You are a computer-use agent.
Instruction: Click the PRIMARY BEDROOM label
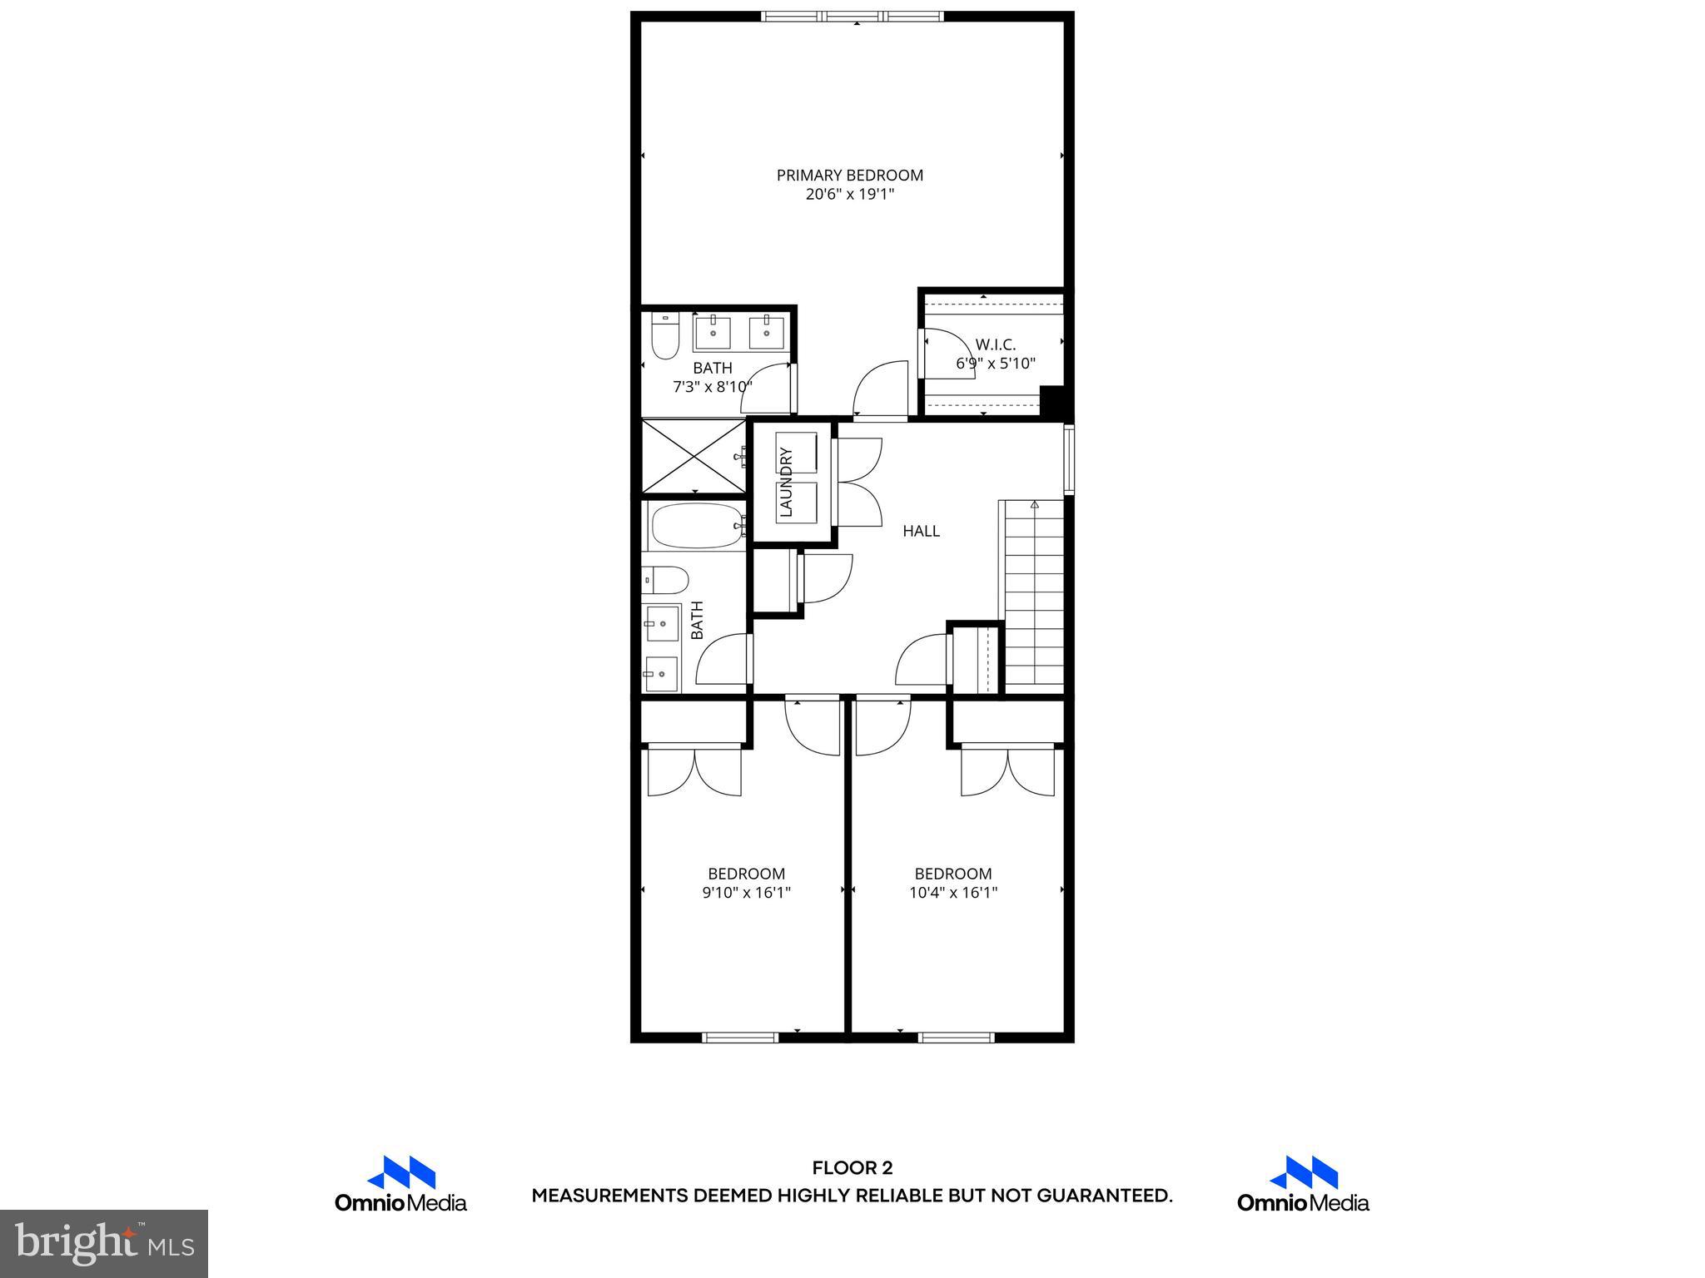(849, 176)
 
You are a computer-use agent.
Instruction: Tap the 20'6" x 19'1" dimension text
(849, 195)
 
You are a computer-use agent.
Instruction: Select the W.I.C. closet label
(996, 344)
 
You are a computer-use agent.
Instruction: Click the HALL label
(921, 531)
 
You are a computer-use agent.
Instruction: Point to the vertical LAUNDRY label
(785, 483)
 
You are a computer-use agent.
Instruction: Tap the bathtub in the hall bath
(696, 527)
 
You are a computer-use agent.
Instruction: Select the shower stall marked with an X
(693, 457)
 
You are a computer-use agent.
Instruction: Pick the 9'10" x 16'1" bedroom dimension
(746, 893)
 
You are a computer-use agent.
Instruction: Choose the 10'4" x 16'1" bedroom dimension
(953, 893)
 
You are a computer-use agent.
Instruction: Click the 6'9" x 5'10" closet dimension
(996, 364)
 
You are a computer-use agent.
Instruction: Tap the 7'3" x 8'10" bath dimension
(713, 387)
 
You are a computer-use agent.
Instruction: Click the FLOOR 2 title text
(852, 1168)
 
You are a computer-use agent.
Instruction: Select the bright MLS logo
(104, 1243)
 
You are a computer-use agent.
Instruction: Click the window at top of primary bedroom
(852, 16)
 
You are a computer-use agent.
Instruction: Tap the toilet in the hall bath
(666, 579)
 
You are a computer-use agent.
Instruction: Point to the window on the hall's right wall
(1069, 459)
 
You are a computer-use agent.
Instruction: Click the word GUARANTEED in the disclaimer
(1104, 1196)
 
